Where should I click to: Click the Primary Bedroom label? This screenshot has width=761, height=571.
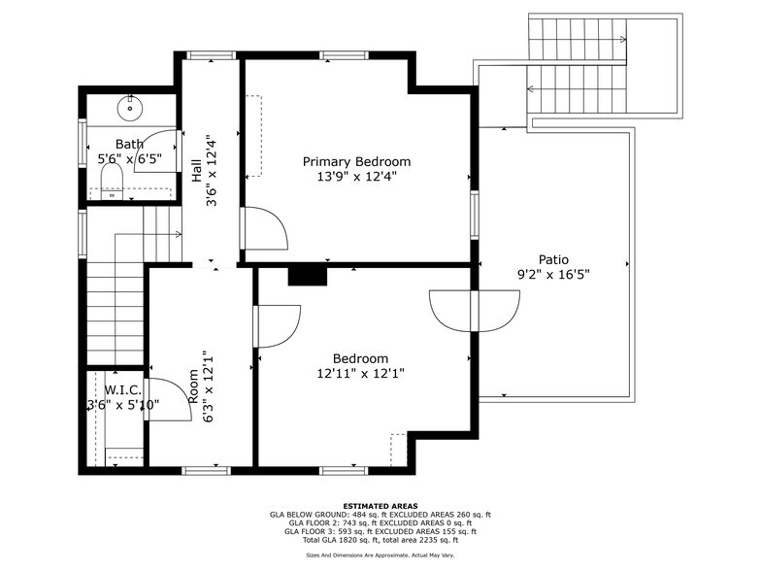[x=356, y=161]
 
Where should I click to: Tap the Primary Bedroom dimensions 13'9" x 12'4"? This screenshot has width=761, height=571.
[x=356, y=177]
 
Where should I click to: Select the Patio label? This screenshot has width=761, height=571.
[x=554, y=259]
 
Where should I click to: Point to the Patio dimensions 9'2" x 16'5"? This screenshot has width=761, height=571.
[x=553, y=275]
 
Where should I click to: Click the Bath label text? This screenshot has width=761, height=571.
[x=129, y=144]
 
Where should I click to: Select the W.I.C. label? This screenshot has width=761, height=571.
[x=123, y=388]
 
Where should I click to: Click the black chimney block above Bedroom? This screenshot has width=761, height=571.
[x=309, y=277]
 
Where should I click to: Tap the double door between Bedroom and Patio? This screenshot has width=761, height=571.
[x=476, y=310]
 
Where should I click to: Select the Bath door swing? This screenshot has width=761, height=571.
[x=155, y=150]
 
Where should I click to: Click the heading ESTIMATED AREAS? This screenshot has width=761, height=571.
[x=380, y=506]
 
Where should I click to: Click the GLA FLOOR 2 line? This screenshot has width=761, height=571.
[x=380, y=522]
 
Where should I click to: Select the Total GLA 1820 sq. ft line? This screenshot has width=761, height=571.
[x=380, y=539]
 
